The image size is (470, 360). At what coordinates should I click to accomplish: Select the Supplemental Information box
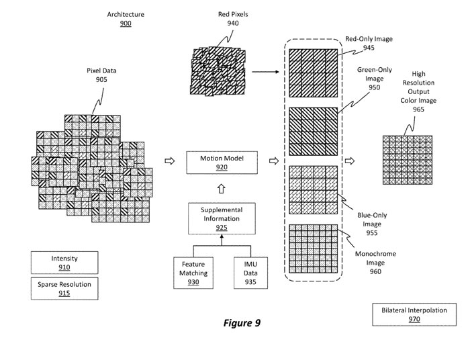pos(222,219)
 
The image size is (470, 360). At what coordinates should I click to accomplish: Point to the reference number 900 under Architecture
pos(126,24)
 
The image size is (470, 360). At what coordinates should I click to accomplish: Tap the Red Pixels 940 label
pos(234,18)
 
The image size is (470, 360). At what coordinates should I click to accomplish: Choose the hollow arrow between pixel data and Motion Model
pos(170,161)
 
